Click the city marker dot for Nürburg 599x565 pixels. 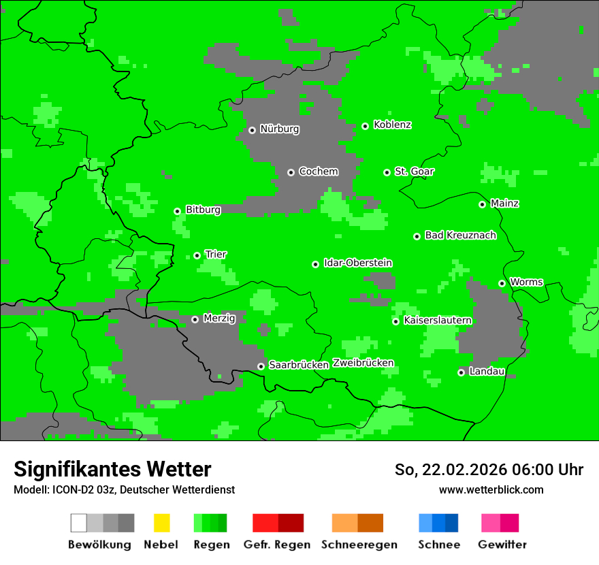coord(252,130)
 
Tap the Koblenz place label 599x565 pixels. coord(393,125)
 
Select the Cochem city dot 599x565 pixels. coord(291,172)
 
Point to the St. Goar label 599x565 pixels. coord(415,172)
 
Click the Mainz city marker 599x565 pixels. coord(482,204)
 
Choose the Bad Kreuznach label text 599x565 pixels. coord(460,236)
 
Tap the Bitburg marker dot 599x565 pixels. coord(177,211)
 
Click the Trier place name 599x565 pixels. coord(216,255)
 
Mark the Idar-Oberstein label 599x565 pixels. coord(358,263)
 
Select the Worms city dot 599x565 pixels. coord(502,283)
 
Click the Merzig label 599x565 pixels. coord(219,319)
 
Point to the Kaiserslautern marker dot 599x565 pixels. coord(395,321)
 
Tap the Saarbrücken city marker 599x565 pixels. coord(261,366)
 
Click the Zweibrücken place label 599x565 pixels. coord(363,363)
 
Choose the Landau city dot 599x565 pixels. coord(461,372)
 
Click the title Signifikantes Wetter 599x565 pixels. coord(112,470)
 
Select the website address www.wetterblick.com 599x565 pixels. coord(491,490)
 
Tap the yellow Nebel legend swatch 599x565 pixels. coord(161,523)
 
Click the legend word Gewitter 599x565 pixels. coord(502,545)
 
